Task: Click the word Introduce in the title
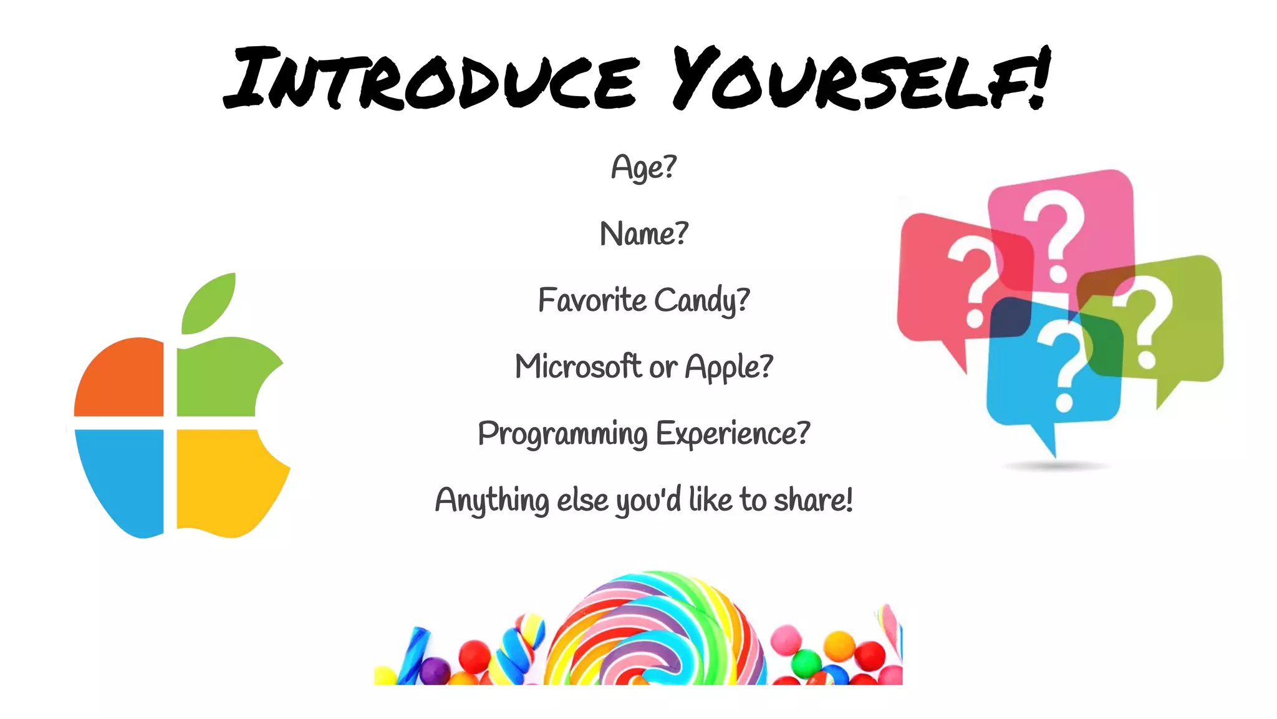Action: pyautogui.click(x=430, y=80)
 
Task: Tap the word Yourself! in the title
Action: pyautogui.click(x=860, y=80)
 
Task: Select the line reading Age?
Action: pyautogui.click(x=643, y=167)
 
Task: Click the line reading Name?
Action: pyautogui.click(x=643, y=234)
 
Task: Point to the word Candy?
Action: pyautogui.click(x=701, y=301)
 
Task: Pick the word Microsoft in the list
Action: pyautogui.click(x=578, y=366)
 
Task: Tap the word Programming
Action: pyautogui.click(x=562, y=434)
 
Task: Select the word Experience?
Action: pyautogui.click(x=733, y=434)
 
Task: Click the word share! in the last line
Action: pyautogui.click(x=813, y=500)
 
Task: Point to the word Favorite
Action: pyautogui.click(x=592, y=300)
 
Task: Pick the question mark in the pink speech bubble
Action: pyautogui.click(x=1054, y=234)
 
